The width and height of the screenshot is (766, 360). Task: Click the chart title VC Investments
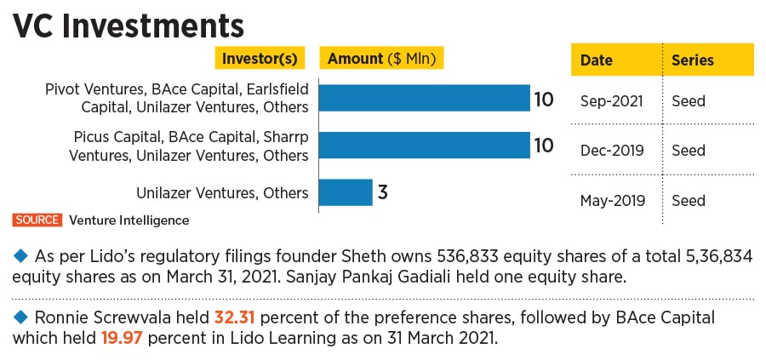[x=128, y=25]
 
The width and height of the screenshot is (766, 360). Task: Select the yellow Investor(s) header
[x=260, y=59]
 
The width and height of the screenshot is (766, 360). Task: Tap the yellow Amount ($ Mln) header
[x=382, y=59]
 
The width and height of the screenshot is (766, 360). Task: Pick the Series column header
[x=693, y=60]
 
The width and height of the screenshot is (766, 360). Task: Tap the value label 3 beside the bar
[x=383, y=192]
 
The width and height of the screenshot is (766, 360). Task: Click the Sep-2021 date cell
[x=612, y=100]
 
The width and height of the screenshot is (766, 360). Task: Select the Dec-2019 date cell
[x=612, y=151]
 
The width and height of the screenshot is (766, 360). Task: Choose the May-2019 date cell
[x=612, y=201]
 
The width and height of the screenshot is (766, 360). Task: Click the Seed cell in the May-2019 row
[x=689, y=201]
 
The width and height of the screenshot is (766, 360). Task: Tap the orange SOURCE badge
[x=37, y=220]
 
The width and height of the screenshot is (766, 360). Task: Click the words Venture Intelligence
[x=129, y=220]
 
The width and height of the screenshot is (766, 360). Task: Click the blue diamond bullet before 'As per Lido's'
[x=20, y=256]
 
